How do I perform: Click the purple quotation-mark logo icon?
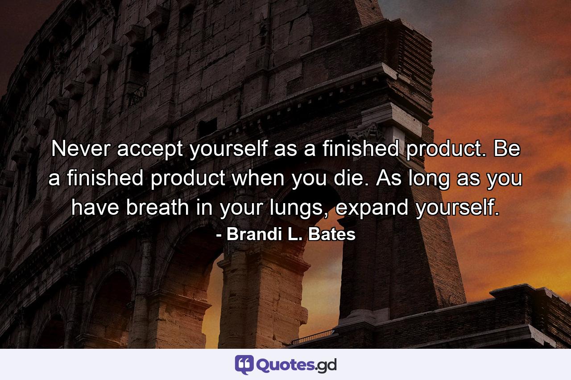point(244,365)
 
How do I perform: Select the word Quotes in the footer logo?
point(284,365)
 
